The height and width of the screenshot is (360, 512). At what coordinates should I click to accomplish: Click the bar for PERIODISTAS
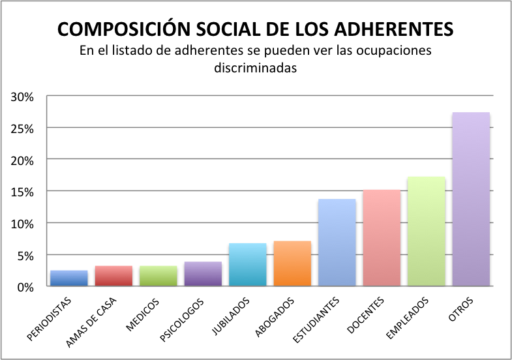(x=69, y=278)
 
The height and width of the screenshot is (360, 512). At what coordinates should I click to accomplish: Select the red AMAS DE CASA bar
(x=113, y=276)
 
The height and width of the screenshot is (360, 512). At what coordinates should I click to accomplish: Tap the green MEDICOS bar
(x=158, y=276)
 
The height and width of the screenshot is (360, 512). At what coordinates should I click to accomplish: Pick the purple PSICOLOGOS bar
(x=203, y=274)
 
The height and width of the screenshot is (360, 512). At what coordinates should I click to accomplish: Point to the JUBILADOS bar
(x=248, y=265)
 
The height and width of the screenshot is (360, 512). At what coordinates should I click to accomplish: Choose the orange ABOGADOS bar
(x=292, y=263)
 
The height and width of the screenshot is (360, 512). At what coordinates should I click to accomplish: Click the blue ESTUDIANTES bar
(x=337, y=243)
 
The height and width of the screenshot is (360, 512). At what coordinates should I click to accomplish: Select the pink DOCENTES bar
(x=382, y=238)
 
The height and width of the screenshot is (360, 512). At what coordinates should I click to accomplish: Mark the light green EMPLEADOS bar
(x=427, y=232)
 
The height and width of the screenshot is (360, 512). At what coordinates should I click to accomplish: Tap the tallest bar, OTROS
(x=471, y=200)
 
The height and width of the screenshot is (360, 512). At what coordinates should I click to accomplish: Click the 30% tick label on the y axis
(x=22, y=97)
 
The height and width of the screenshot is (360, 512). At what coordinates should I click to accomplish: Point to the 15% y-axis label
(x=22, y=192)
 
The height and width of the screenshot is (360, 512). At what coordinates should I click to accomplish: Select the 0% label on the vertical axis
(x=25, y=287)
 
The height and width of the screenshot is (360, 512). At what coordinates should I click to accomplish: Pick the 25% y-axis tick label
(x=22, y=128)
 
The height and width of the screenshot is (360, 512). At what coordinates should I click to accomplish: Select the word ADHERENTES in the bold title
(x=393, y=30)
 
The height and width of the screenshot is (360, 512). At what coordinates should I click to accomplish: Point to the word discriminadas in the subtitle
(x=256, y=67)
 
